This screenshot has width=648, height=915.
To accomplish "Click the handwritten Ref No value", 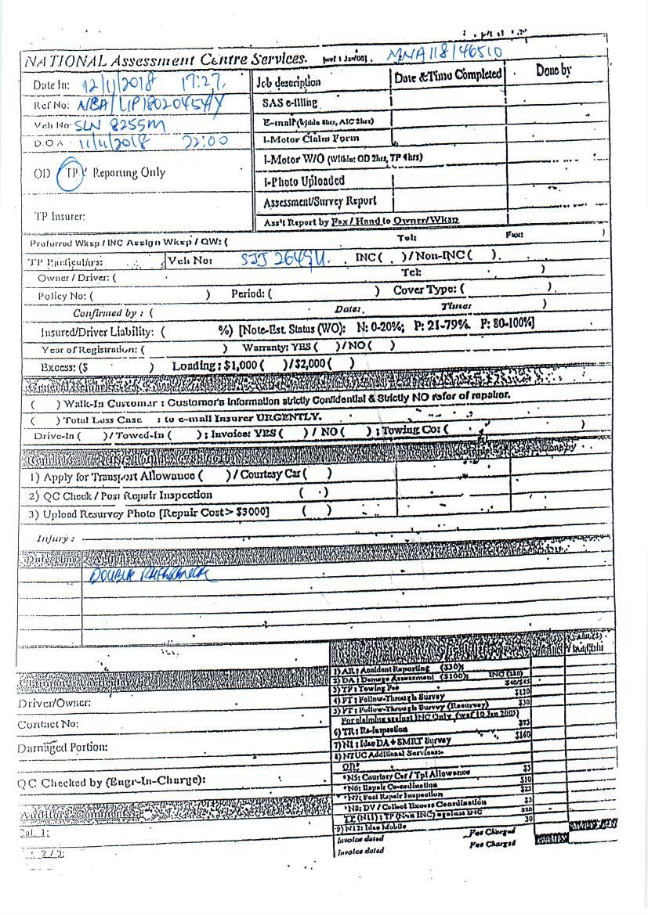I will pos(144,105).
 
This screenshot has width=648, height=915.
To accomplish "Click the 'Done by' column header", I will pos(553,71).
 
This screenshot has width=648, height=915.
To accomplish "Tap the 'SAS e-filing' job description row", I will pos(285,103).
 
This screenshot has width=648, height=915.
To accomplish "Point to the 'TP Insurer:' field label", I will pos(60,216).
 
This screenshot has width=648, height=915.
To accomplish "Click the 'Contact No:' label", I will pos(48,724).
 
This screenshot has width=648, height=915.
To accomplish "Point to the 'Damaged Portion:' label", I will pos(63,747).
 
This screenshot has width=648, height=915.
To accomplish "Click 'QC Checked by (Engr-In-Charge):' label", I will pos(111,781).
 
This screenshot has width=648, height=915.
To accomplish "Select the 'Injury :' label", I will pos(56,539).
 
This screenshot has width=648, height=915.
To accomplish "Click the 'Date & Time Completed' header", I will pos(447,75).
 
